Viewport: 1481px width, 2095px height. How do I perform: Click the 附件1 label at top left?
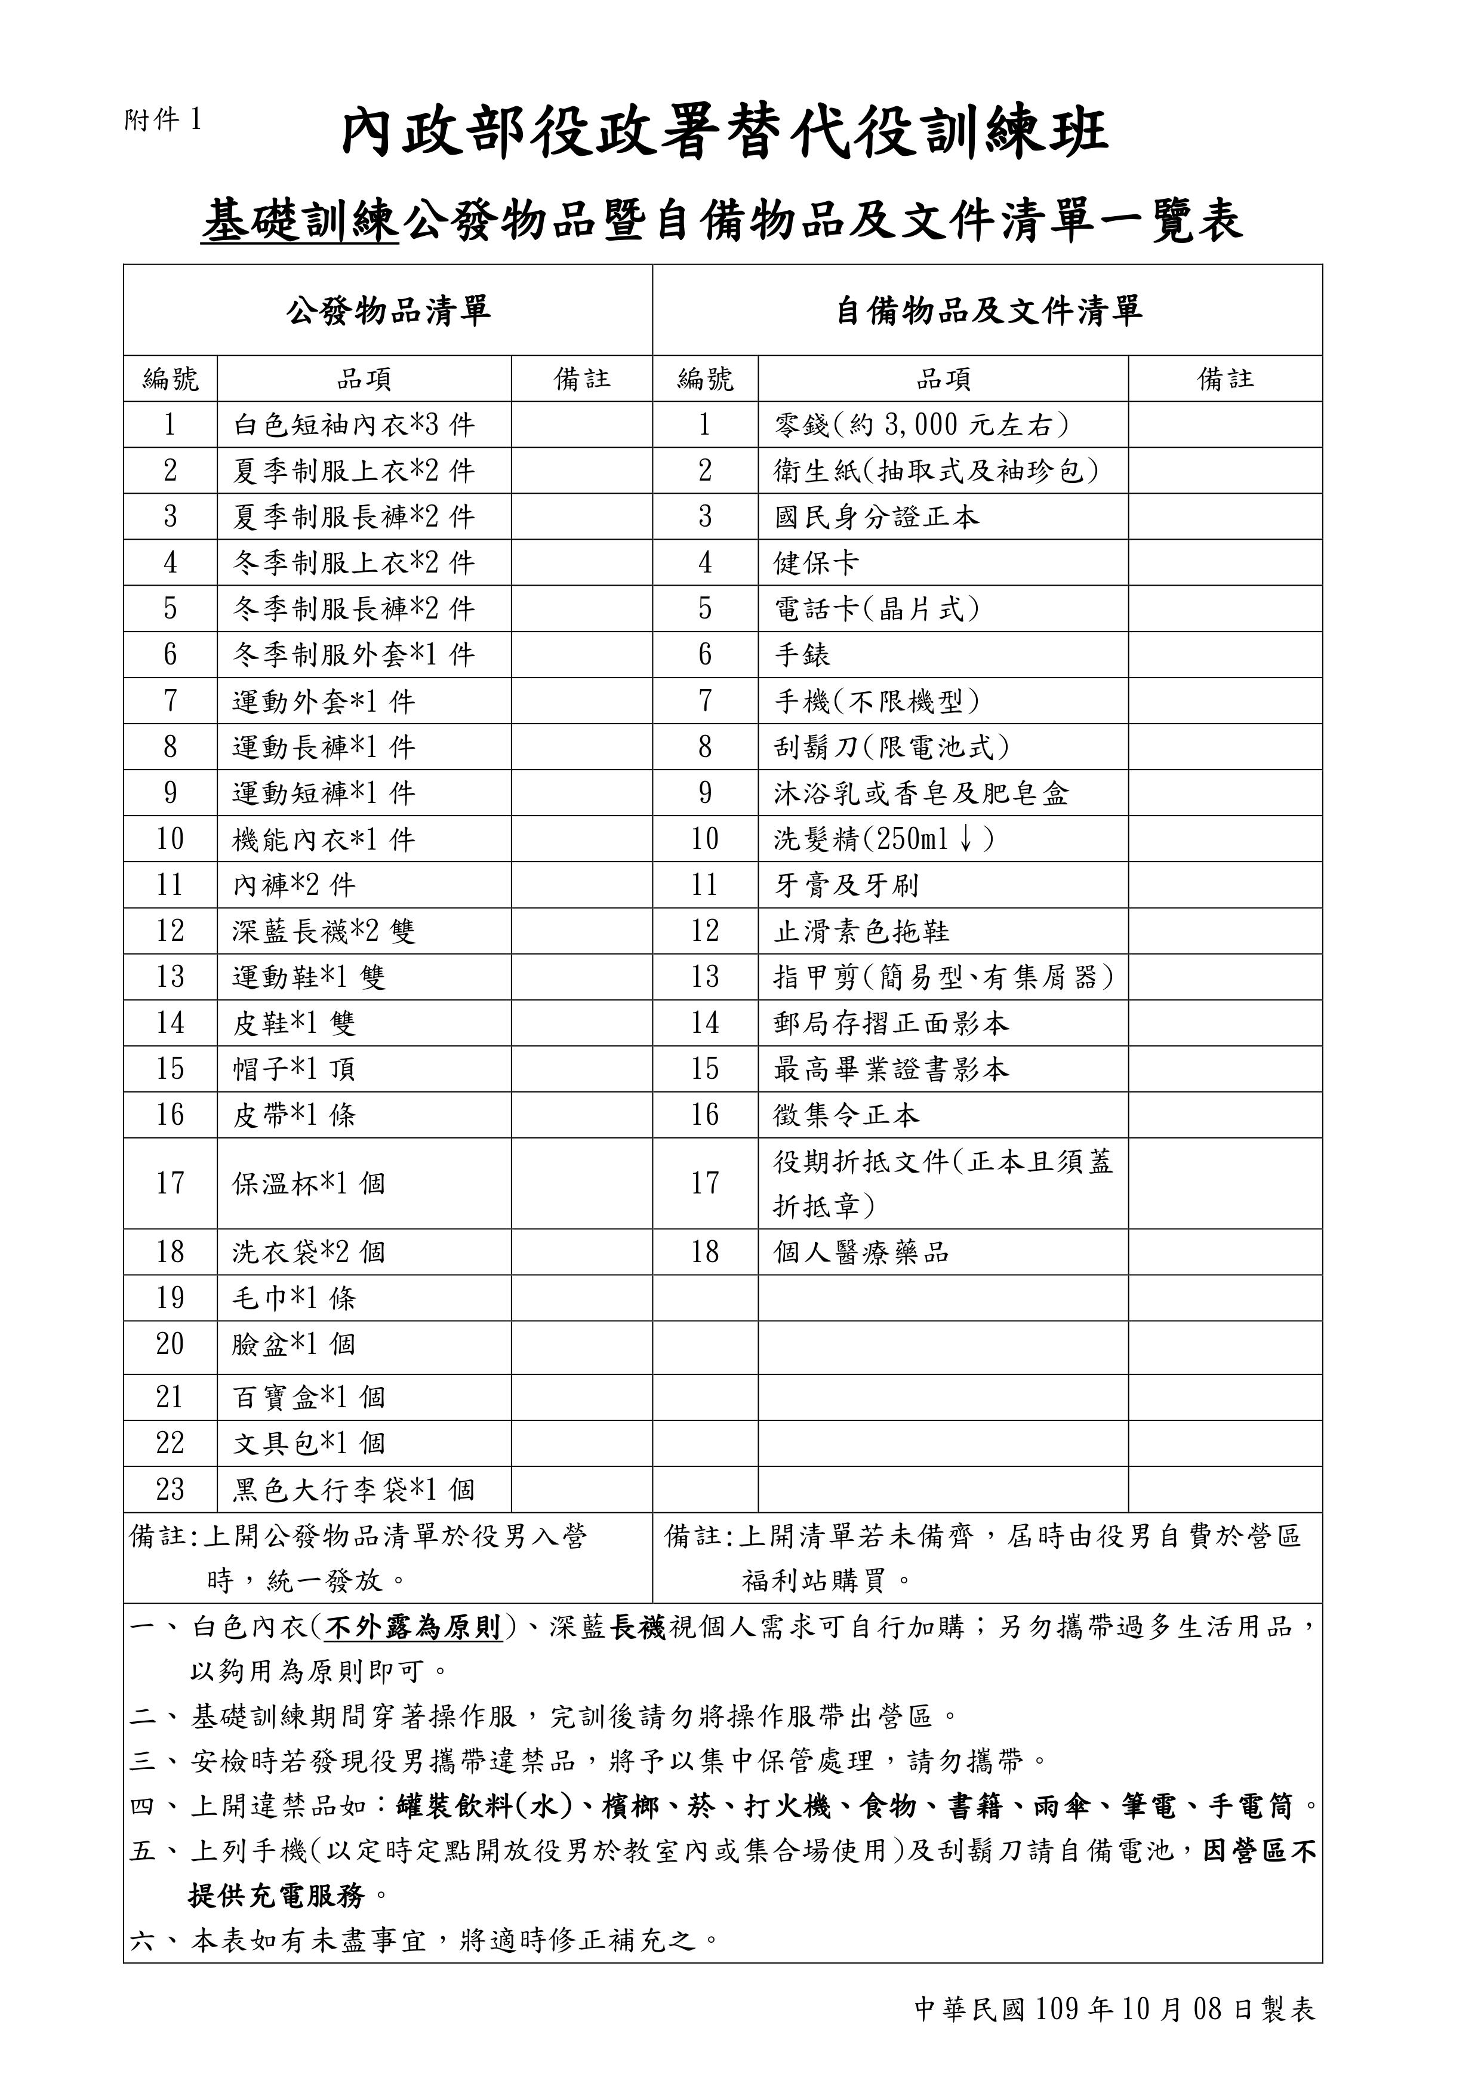point(162,119)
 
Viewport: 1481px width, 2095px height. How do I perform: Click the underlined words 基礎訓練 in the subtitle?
point(300,222)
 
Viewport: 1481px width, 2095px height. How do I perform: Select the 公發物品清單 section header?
point(388,311)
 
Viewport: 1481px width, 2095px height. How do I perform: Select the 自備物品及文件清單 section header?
point(989,311)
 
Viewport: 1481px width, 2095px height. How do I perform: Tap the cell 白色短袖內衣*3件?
point(353,424)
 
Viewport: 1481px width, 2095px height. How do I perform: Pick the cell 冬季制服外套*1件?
point(353,654)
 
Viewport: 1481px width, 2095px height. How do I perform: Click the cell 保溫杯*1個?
point(309,1183)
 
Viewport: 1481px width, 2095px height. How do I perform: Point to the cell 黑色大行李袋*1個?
point(353,1490)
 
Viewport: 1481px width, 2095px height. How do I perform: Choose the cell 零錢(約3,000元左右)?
point(922,424)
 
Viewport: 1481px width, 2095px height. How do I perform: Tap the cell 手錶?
point(802,654)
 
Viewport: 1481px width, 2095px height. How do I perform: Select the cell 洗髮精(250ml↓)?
point(883,839)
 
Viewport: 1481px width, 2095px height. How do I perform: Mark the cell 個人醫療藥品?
point(861,1252)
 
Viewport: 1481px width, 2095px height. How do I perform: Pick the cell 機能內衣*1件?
point(323,839)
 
